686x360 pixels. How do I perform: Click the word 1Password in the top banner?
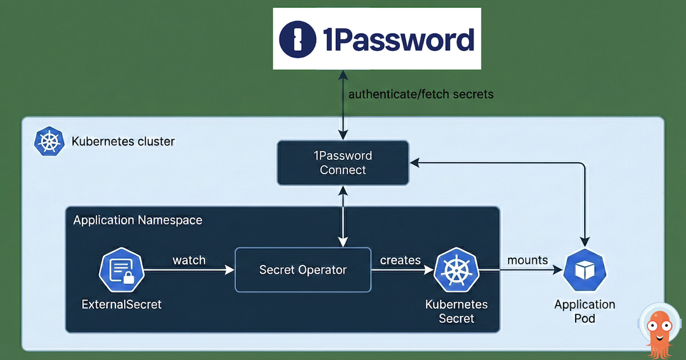pyautogui.click(x=399, y=40)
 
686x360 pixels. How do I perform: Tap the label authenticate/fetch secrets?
pyautogui.click(x=421, y=94)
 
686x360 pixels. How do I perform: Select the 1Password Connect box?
pyautogui.click(x=342, y=163)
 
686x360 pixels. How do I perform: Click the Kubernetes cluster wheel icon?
pyautogui.click(x=49, y=142)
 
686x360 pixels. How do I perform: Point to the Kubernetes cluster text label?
pyautogui.click(x=123, y=141)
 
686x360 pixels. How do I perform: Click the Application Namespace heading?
pyautogui.click(x=138, y=220)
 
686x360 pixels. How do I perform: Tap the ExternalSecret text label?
pyautogui.click(x=121, y=305)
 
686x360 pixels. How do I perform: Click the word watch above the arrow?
pyautogui.click(x=189, y=260)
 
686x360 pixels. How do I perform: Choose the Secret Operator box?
pyautogui.click(x=302, y=270)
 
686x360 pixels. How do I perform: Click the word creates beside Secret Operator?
pyautogui.click(x=400, y=260)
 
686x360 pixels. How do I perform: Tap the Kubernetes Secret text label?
pyautogui.click(x=456, y=311)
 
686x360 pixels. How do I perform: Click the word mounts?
pyautogui.click(x=527, y=260)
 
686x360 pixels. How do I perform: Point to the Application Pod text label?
pyautogui.click(x=584, y=311)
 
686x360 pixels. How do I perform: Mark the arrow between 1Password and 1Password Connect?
pyautogui.click(x=342, y=105)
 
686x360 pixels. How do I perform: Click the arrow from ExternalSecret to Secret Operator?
pyautogui.click(x=189, y=270)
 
